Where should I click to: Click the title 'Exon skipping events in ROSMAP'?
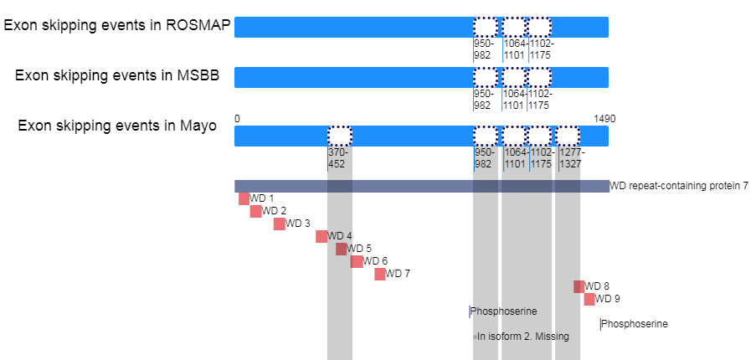pyautogui.click(x=116, y=25)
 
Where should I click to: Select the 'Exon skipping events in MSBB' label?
pyautogui.click(x=117, y=76)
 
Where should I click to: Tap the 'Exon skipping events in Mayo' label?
pyautogui.click(x=117, y=126)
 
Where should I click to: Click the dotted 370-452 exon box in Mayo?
pyautogui.click(x=340, y=136)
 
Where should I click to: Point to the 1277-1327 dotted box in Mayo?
pyautogui.click(x=568, y=136)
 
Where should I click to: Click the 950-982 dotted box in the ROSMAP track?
pyautogui.click(x=485, y=27)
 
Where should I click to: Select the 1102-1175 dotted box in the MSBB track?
pyautogui.click(x=539, y=77)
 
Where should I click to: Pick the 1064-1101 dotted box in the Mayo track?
pyautogui.click(x=513, y=136)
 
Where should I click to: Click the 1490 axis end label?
pyautogui.click(x=604, y=119)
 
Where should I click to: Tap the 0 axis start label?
pyautogui.click(x=237, y=119)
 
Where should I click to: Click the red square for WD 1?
pyautogui.click(x=244, y=198)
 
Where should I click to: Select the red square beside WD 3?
pyautogui.click(x=280, y=224)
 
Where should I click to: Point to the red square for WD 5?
pyautogui.click(x=341, y=249)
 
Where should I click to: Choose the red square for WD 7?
pyautogui.click(x=380, y=274)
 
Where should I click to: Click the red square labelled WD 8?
pyautogui.click(x=579, y=286)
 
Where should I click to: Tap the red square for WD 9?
pyautogui.click(x=589, y=299)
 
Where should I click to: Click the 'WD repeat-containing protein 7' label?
pyautogui.click(x=679, y=186)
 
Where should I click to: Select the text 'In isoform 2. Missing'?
pyautogui.click(x=522, y=337)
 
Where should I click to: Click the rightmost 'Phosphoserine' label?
pyautogui.click(x=635, y=324)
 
